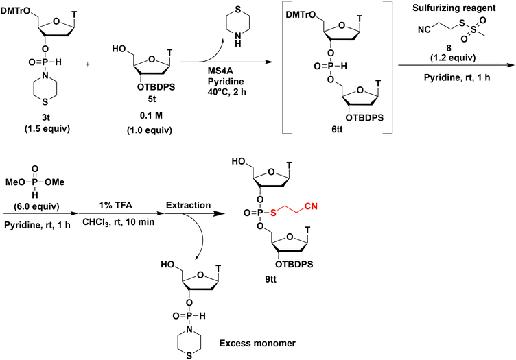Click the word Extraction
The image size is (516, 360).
pos(185,204)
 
